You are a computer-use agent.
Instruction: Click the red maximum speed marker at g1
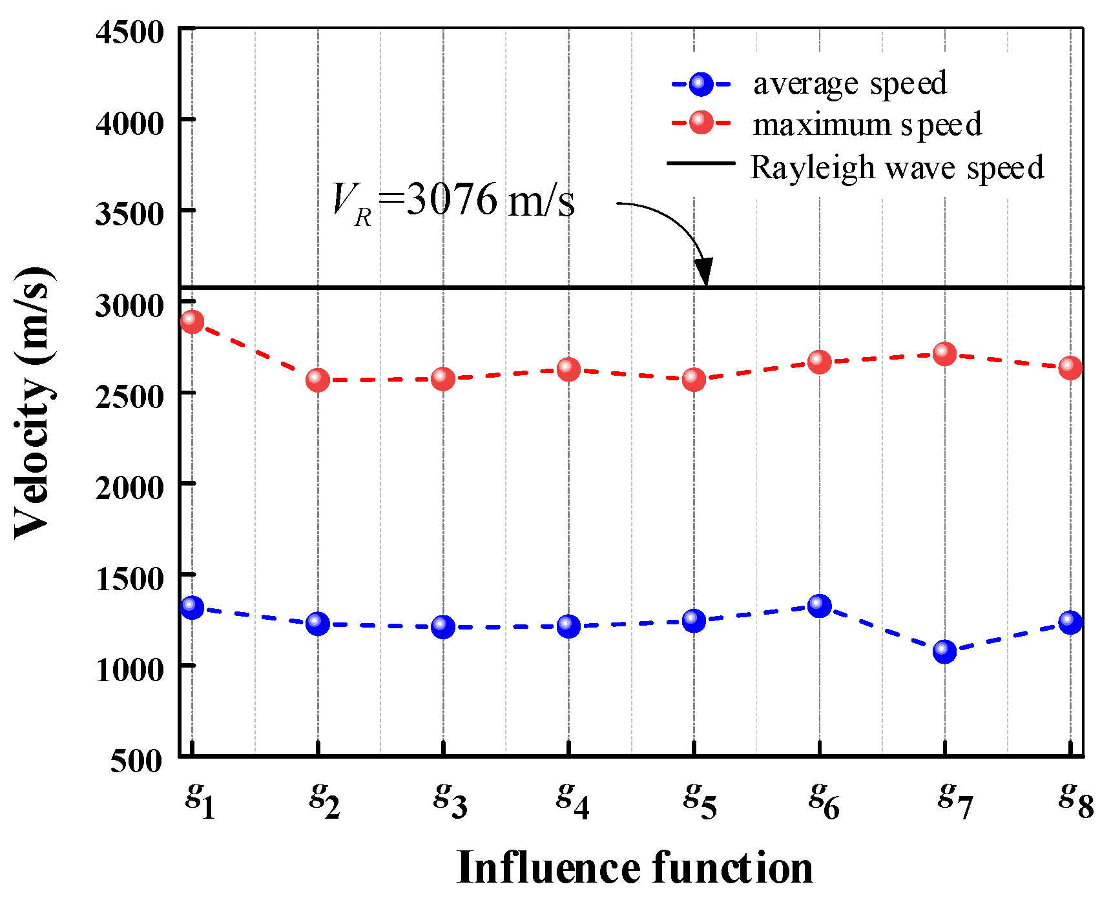tap(192, 321)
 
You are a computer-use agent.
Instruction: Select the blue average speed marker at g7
tap(944, 651)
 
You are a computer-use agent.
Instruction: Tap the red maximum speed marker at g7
tap(944, 354)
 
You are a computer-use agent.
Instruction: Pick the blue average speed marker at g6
tap(819, 606)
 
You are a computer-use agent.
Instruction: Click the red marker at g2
tap(317, 380)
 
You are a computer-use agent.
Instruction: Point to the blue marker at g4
tap(568, 626)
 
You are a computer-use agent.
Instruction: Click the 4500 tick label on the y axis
tap(130, 32)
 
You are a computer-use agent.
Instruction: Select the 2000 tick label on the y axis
tap(130, 487)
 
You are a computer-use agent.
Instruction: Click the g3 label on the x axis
tap(450, 799)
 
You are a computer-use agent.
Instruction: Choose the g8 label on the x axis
tap(1075, 799)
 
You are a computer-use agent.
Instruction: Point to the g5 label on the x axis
tap(700, 799)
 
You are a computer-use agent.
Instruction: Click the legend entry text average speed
tap(849, 84)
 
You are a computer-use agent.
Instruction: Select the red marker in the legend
tap(701, 122)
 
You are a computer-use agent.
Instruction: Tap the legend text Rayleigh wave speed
tap(897, 168)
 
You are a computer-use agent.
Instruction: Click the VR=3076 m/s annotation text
tap(452, 201)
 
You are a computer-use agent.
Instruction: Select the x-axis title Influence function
tap(634, 867)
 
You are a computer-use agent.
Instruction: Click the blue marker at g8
tap(1070, 622)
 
